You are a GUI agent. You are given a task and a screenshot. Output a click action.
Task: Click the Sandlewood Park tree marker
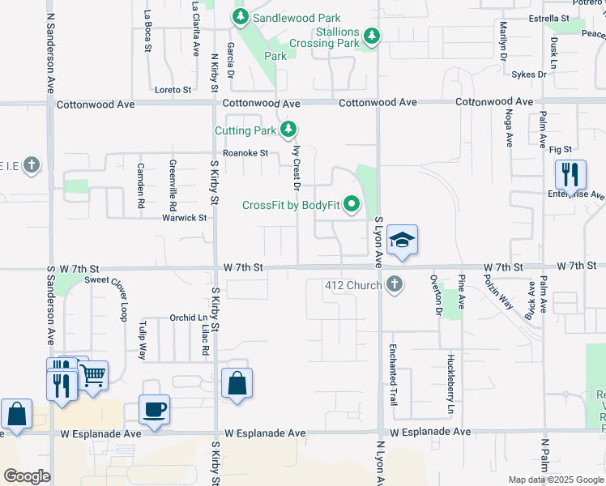click(x=241, y=17)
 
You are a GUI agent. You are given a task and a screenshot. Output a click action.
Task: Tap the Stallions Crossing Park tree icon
click(x=371, y=36)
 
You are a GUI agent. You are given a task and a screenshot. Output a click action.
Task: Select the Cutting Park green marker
click(x=288, y=130)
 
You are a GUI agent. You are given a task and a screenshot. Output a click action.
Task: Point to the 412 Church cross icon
click(x=394, y=285)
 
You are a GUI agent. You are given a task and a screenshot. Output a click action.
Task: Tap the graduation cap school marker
click(x=402, y=241)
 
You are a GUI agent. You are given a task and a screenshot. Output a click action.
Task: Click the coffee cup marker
click(x=154, y=409)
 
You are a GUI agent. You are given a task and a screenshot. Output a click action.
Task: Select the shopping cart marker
click(x=93, y=375)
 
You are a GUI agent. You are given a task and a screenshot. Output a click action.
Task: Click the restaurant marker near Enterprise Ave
click(x=570, y=174)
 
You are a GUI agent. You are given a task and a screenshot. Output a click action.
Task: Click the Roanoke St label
click(x=246, y=152)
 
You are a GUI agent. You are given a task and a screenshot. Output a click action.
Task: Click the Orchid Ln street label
click(x=188, y=318)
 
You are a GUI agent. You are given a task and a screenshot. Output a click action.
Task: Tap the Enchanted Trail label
click(x=393, y=362)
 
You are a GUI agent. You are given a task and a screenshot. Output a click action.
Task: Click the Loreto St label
click(x=173, y=90)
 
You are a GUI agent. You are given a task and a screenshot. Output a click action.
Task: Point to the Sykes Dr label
click(x=529, y=75)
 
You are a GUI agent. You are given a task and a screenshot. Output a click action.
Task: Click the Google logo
click(x=26, y=476)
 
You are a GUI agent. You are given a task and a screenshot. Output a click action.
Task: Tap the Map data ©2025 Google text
click(x=555, y=480)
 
